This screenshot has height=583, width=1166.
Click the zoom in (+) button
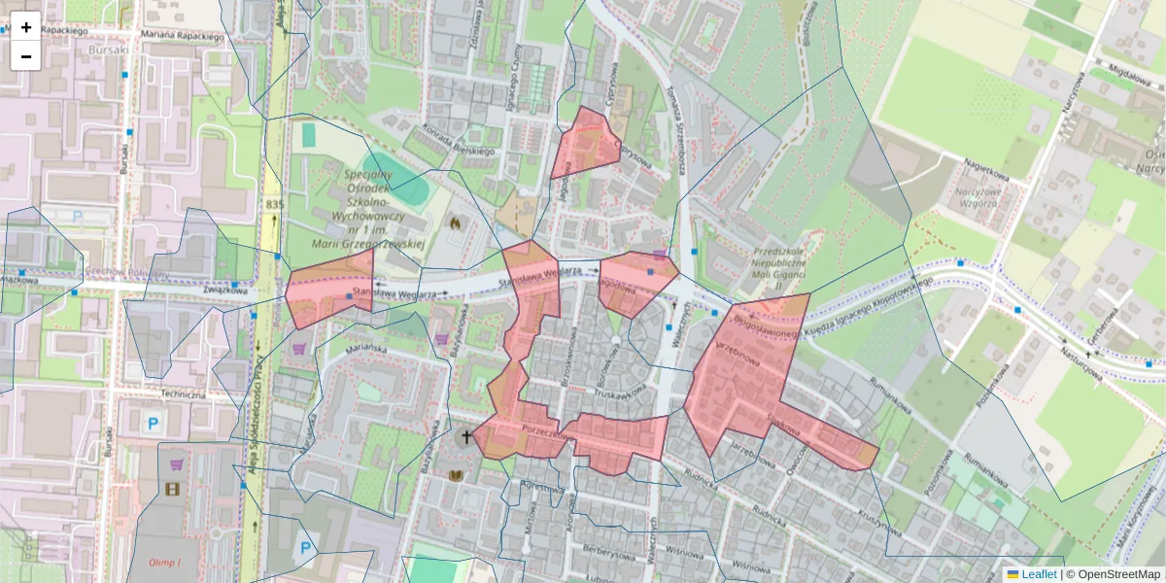(26, 27)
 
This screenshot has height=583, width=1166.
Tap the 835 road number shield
(274, 204)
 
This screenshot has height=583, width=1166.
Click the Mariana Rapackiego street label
(182, 36)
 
